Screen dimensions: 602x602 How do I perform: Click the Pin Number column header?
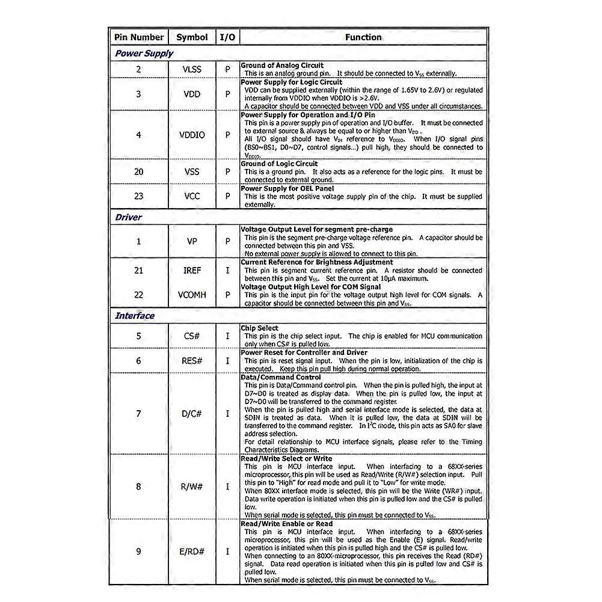click(x=138, y=37)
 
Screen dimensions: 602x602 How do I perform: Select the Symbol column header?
click(x=192, y=37)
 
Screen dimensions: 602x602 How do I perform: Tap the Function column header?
click(x=363, y=37)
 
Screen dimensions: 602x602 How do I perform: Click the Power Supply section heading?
click(x=144, y=53)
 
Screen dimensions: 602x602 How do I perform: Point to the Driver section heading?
click(x=128, y=217)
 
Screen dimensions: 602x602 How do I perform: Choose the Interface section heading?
click(x=135, y=316)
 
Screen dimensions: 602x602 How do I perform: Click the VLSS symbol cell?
click(x=192, y=69)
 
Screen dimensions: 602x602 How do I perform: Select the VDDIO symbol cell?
click(x=192, y=135)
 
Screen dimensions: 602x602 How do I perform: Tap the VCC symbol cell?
click(x=192, y=196)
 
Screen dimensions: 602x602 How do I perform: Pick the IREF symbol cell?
click(x=192, y=271)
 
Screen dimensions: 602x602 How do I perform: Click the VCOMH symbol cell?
click(x=192, y=295)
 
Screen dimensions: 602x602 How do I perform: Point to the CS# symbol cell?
click(x=192, y=336)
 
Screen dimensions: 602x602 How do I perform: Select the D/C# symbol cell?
click(x=192, y=414)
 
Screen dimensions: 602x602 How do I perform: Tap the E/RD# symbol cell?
click(x=192, y=551)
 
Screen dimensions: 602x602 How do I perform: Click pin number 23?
click(x=138, y=196)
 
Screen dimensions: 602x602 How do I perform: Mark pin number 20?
click(x=138, y=171)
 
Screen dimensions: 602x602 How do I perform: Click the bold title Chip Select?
click(x=259, y=328)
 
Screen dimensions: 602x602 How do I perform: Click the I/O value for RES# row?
click(x=227, y=360)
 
